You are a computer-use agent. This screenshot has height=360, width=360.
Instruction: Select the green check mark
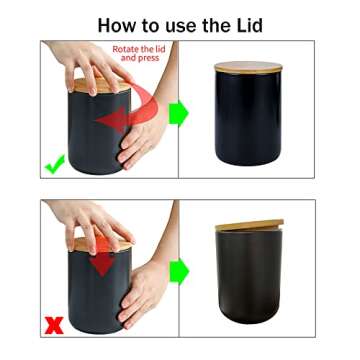[54, 161]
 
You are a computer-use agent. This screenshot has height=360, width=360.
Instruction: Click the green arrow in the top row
[178, 112]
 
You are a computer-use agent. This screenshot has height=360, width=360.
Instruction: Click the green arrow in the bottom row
[178, 270]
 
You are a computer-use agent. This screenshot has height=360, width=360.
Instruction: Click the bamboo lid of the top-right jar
[248, 68]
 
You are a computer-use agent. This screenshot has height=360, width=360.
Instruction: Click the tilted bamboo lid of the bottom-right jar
[249, 226]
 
